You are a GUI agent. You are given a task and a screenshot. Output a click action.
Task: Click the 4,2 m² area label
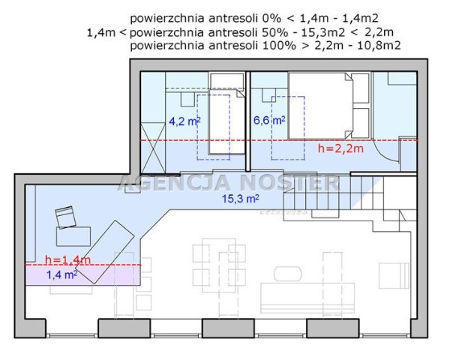coord(184,121)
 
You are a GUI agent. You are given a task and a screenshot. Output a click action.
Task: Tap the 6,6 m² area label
coord(269,120)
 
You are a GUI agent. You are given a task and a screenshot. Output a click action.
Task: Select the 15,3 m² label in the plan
coord(241,198)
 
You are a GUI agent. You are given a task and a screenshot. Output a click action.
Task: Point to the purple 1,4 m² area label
coord(61,274)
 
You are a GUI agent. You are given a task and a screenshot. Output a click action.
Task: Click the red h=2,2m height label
coord(340,148)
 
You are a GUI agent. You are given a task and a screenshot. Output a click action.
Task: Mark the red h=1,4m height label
coord(67,259)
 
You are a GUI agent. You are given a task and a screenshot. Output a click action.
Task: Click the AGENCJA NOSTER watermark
coord(229,183)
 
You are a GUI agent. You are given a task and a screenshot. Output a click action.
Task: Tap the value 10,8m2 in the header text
coord(379,46)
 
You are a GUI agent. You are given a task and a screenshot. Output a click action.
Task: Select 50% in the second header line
coord(275,32)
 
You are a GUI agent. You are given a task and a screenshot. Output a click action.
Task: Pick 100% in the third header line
coord(279,46)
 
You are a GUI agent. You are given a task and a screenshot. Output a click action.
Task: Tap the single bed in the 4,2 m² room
coord(226,121)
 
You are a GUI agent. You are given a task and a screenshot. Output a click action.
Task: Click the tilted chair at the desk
coord(66,217)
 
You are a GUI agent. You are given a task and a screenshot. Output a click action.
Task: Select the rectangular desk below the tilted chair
coord(73,236)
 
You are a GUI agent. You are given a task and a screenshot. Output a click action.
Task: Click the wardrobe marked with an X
coord(154,148)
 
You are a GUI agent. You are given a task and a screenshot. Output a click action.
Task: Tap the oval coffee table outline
coord(288,274)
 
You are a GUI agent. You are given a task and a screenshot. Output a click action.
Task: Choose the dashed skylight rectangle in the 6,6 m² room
coord(288,128)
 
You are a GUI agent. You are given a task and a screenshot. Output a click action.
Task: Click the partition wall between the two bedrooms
coord(248,121)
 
